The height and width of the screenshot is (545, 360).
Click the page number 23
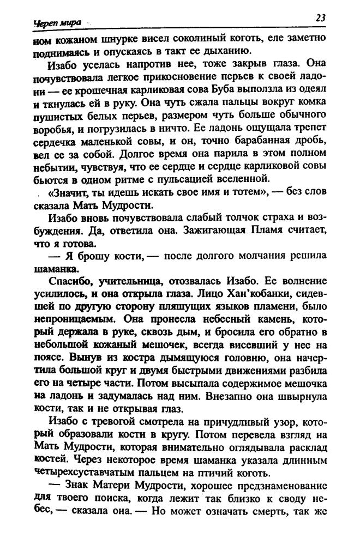point(320,17)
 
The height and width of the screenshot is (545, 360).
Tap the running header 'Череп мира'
point(57,23)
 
